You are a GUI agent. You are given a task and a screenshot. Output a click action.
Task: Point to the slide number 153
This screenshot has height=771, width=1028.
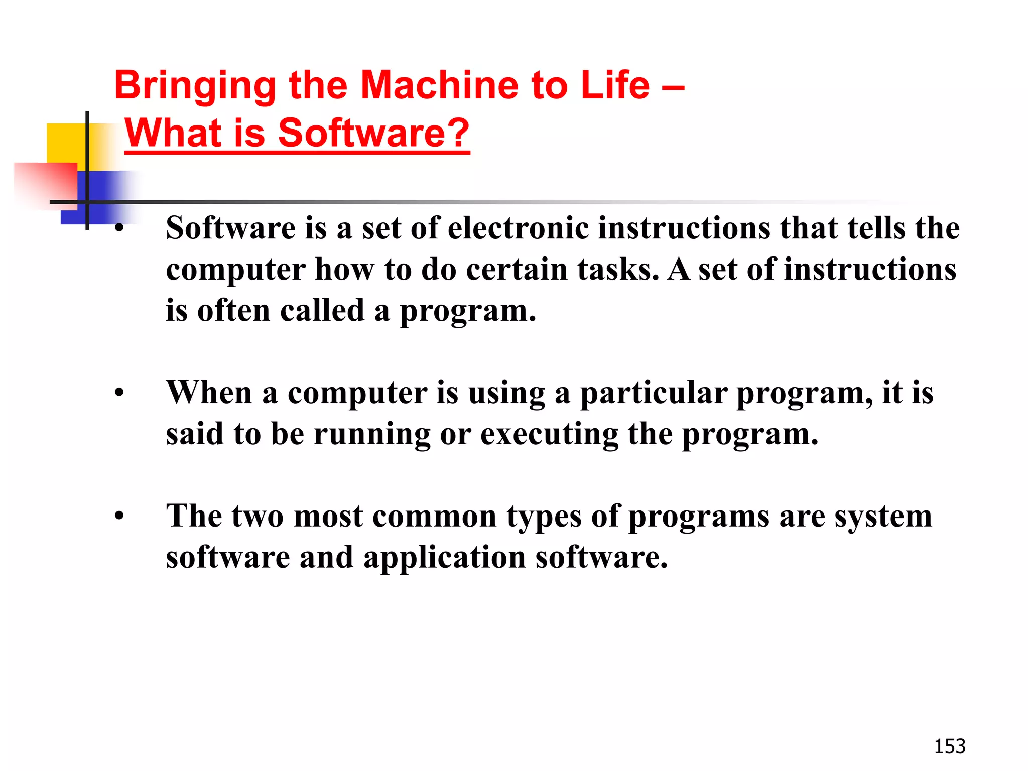point(949,746)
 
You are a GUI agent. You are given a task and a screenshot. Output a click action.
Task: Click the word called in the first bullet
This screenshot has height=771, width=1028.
point(322,311)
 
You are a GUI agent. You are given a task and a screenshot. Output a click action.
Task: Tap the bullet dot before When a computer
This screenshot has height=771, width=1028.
point(119,393)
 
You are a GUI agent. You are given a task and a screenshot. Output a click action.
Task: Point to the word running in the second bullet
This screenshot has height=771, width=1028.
point(372,435)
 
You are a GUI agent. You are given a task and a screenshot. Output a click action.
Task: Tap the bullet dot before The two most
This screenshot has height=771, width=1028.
point(119,516)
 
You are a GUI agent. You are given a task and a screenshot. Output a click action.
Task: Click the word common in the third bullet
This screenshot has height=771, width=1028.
point(434,516)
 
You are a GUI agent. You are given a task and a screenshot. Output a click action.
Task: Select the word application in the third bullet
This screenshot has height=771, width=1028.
point(444,558)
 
